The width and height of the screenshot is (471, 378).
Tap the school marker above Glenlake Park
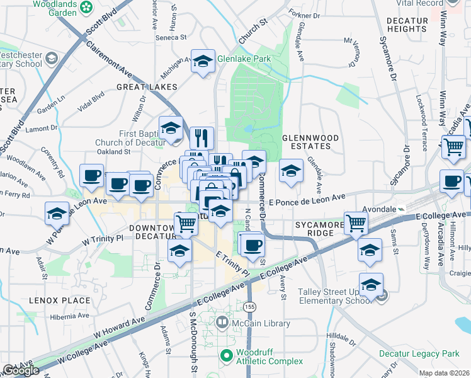tap(203, 61)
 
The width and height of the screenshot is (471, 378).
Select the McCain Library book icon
tap(222, 324)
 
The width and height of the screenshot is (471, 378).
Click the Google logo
tap(21, 370)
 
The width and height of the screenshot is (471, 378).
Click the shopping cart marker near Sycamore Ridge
tap(356, 222)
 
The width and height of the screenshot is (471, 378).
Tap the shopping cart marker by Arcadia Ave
tap(453, 147)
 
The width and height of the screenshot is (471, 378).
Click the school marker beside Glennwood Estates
tap(290, 170)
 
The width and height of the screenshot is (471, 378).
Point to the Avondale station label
tap(380, 209)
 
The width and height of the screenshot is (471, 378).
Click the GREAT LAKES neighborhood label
tap(147, 86)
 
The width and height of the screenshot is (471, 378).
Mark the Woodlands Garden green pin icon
tap(86, 7)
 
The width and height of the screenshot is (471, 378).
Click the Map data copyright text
tap(443, 373)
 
